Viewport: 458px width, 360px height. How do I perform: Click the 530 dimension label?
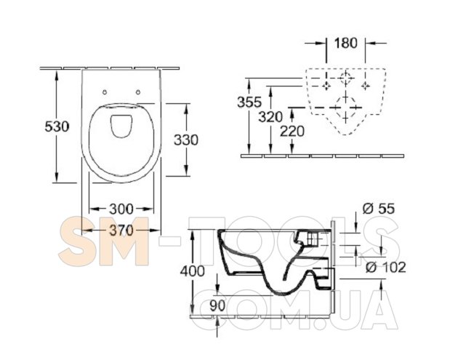57,127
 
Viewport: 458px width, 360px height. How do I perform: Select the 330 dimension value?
186,140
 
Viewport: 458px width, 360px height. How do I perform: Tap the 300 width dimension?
121,209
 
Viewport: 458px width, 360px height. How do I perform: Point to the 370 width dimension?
121,231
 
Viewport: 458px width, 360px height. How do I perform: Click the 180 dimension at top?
345,43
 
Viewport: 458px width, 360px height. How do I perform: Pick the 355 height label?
249,102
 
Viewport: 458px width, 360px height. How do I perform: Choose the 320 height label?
270,117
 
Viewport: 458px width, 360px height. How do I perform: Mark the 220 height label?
292,131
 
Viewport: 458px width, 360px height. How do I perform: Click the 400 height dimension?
192,271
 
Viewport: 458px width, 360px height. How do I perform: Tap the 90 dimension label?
217,305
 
